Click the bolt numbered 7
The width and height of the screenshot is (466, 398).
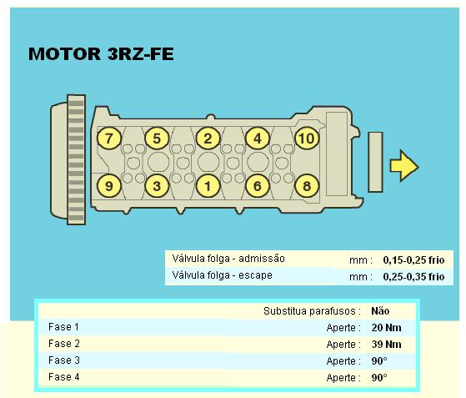coord(109,139)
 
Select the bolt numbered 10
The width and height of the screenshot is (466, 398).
coord(307,139)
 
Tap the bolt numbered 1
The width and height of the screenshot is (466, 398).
coord(208,186)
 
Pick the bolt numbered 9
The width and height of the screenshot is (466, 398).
coord(109,186)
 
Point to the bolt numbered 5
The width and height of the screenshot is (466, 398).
coord(157,139)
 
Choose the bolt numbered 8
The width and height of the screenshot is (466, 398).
coord(307,186)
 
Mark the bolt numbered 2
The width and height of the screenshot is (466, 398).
coord(208,139)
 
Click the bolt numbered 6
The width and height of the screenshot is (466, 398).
coord(258,186)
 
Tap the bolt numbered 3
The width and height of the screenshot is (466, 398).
coord(157,186)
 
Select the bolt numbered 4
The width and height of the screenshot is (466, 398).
coord(258,139)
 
